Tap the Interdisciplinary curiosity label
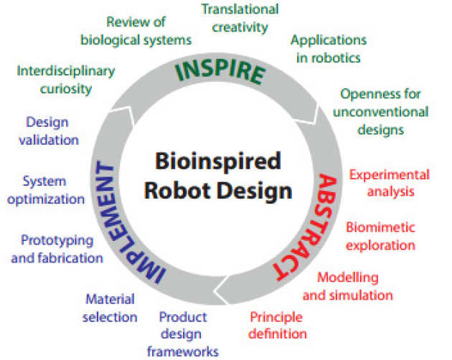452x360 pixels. click(65, 80)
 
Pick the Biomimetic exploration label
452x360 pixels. click(380, 236)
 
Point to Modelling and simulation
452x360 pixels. click(347, 285)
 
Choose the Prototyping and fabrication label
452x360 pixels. click(57, 248)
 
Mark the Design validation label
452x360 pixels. click(52, 131)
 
